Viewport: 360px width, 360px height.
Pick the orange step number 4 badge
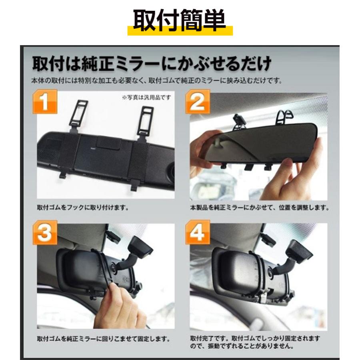click(x=197, y=232)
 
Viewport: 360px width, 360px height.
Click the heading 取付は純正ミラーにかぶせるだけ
click(x=152, y=63)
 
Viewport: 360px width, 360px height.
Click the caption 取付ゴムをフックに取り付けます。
click(x=82, y=208)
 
